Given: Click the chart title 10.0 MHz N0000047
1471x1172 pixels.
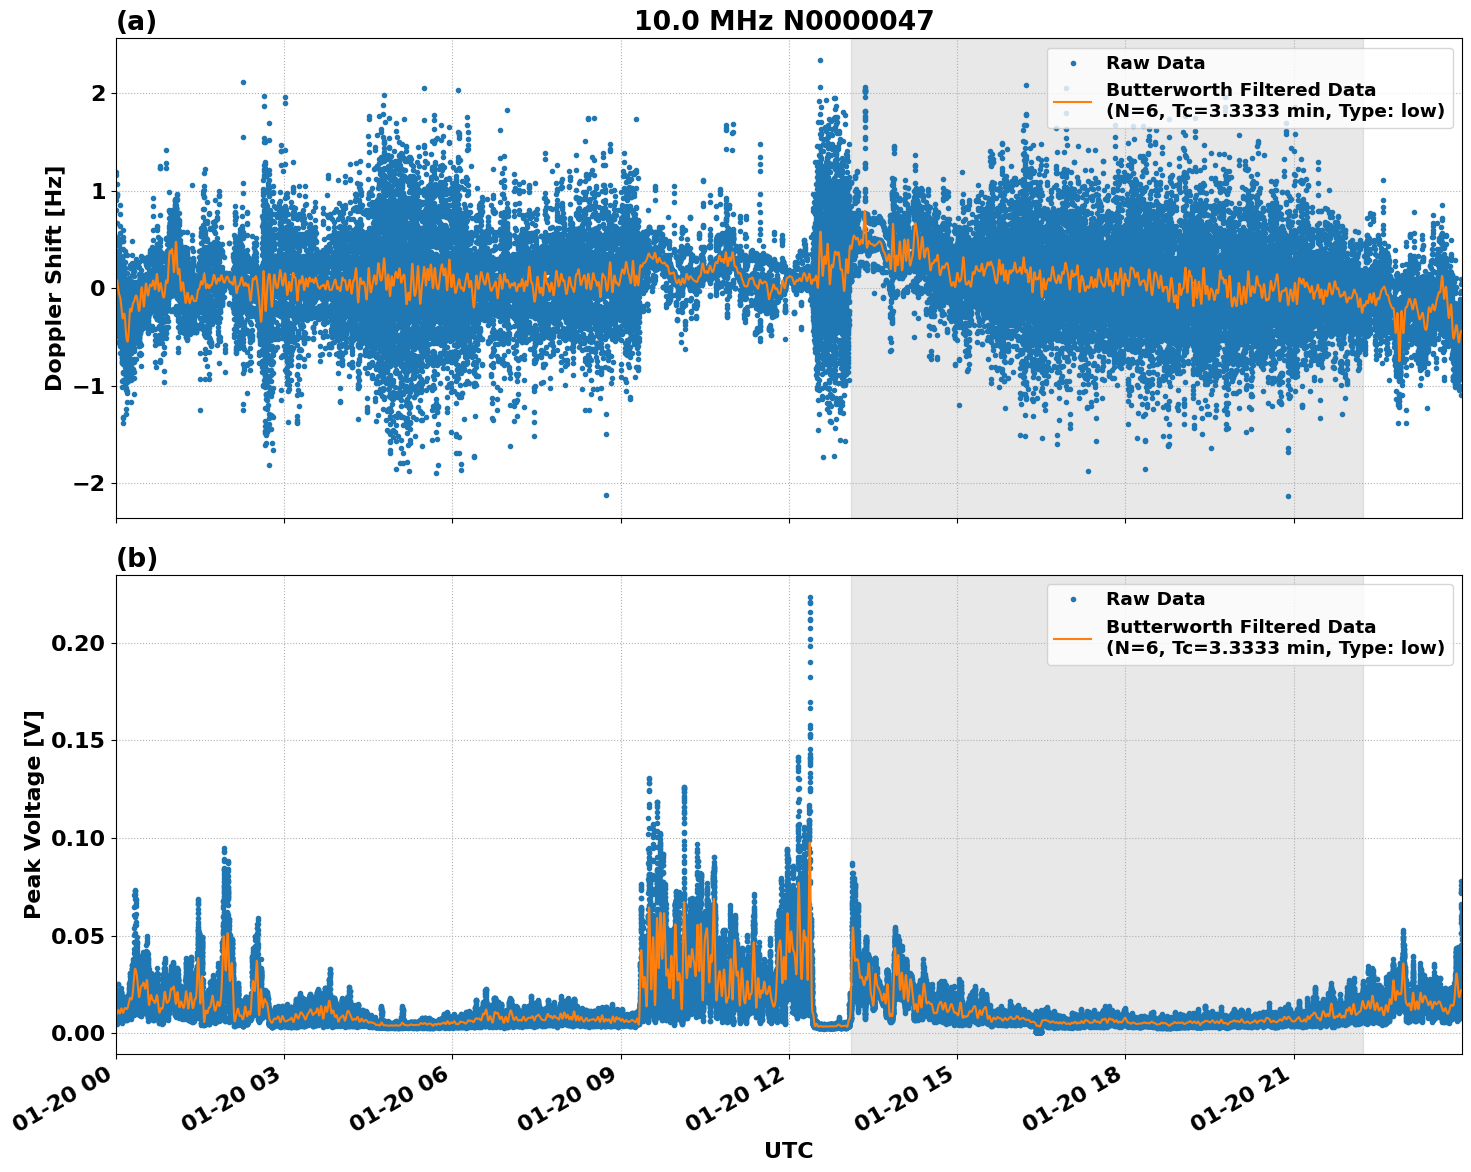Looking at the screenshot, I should point(783,21).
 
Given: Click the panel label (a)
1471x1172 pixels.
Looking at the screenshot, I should point(136,21).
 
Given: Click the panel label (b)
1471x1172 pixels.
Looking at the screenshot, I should point(136,558).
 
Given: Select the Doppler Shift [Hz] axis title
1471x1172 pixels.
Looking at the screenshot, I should point(54,278).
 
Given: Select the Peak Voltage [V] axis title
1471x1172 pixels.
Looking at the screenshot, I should point(33,814).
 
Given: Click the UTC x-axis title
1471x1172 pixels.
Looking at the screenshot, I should point(788,1150).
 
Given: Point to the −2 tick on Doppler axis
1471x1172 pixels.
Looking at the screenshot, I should point(90,483).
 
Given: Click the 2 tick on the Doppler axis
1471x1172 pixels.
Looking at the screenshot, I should point(98,93).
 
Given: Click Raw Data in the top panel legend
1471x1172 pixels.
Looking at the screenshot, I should point(1155,63).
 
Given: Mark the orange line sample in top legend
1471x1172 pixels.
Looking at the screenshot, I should point(1072,100).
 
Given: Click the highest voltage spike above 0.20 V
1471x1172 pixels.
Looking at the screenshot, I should point(810,598).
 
